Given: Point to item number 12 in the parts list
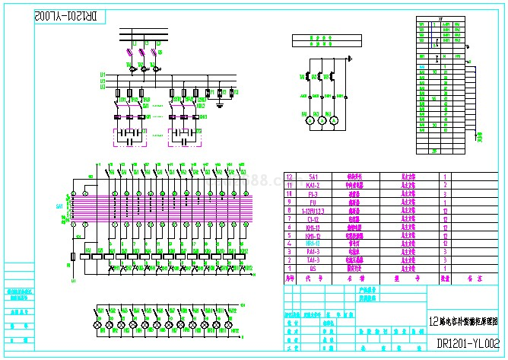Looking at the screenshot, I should [289, 177].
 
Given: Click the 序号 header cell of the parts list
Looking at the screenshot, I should [289, 279].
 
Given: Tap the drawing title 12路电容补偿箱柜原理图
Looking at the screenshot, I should [465, 321].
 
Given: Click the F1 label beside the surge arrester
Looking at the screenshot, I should [212, 91].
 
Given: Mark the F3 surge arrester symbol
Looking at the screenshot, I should [231, 93].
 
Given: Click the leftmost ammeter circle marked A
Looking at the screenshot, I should [310, 119].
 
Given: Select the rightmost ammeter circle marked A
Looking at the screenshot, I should [333, 119].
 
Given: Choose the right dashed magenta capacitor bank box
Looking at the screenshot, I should [184, 137].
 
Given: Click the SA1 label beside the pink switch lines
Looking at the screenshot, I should [59, 206].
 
